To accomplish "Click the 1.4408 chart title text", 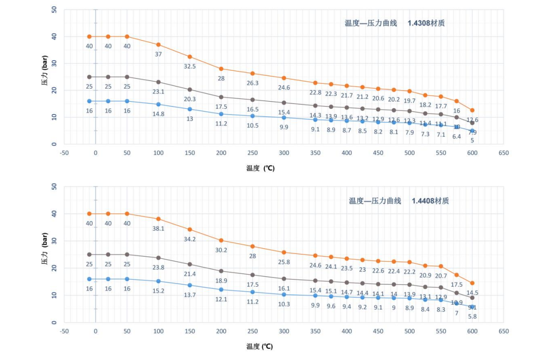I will pos(399,200).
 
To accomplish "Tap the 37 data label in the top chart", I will pos(158,54).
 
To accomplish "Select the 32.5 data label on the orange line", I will pos(190,67).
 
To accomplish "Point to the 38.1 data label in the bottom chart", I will pos(158,228).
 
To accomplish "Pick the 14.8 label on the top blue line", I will pos(158,114).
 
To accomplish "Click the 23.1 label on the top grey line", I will pos(158,91).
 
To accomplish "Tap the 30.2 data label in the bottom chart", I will pos(221,250).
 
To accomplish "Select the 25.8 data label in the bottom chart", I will pos(284,262).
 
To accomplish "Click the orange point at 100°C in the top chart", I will pos(158,44).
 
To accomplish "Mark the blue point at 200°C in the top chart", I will pos(221,114).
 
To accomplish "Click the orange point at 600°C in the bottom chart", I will pos(472,283).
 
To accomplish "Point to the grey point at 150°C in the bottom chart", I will pos(190,264).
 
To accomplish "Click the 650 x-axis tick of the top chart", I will pos(504,153).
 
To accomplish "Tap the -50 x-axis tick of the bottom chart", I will pos(64,331).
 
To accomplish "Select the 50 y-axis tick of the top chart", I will pos(54,10).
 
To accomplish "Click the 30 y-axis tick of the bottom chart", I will pos(54,241).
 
